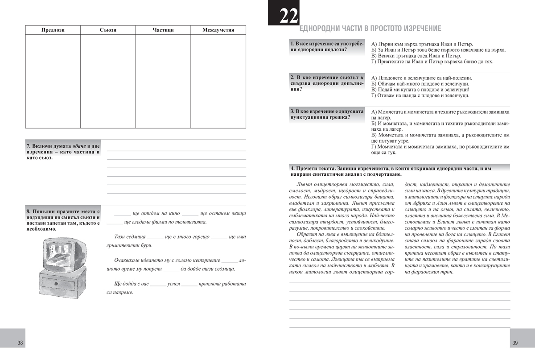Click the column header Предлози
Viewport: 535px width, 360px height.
click(53, 30)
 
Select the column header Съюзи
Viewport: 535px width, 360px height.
click(108, 30)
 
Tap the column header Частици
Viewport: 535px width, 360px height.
click(163, 30)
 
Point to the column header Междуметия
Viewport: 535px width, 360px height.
click(218, 30)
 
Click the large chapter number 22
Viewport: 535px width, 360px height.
click(283, 17)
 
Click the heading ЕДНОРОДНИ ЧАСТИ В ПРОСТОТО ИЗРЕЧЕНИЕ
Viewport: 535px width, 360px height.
click(370, 29)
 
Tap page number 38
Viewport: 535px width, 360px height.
click(20, 343)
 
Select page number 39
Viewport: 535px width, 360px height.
click(514, 343)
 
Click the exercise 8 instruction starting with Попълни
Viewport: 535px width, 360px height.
click(62, 219)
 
